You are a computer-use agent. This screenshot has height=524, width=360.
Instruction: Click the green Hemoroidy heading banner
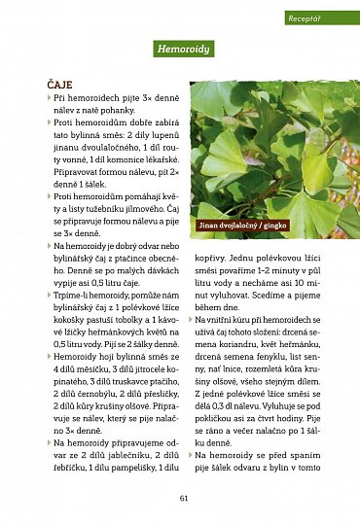[183, 49]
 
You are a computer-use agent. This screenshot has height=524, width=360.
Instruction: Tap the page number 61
[183, 498]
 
